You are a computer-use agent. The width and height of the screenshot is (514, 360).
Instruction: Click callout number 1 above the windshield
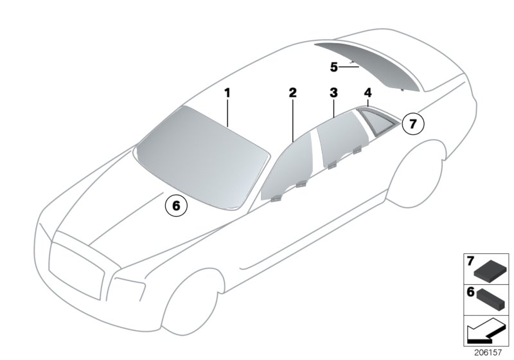point(227,93)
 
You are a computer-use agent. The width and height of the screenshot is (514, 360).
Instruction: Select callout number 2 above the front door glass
point(293,93)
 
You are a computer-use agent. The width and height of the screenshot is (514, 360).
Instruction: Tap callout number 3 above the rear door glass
point(333,93)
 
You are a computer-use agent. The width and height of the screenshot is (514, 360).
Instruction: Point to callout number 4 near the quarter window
point(368,93)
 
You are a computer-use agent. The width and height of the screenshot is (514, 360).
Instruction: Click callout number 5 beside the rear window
point(333,67)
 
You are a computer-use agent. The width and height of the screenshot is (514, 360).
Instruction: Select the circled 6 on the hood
point(176,206)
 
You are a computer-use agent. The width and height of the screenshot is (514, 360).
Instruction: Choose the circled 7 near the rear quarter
point(412,124)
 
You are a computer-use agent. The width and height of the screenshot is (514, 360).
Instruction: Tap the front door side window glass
point(286,170)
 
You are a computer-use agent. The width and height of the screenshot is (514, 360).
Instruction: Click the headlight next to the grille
point(127,289)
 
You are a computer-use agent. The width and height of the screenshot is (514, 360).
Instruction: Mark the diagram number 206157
point(488,352)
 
